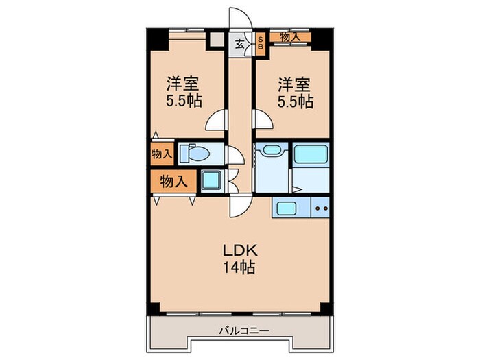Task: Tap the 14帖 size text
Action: coord(238,268)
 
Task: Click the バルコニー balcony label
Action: coord(240,331)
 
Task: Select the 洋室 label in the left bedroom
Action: coord(184,85)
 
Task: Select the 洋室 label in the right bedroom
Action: coord(294,85)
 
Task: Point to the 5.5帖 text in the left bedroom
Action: coord(184,102)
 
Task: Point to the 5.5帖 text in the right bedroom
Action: coord(294,102)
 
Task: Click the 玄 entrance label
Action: coord(239,43)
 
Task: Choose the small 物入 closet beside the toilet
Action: coord(163,154)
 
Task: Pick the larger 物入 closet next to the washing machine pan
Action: coord(174,181)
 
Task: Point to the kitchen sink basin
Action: coord(283,207)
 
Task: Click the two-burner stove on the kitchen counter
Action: coord(321,207)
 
